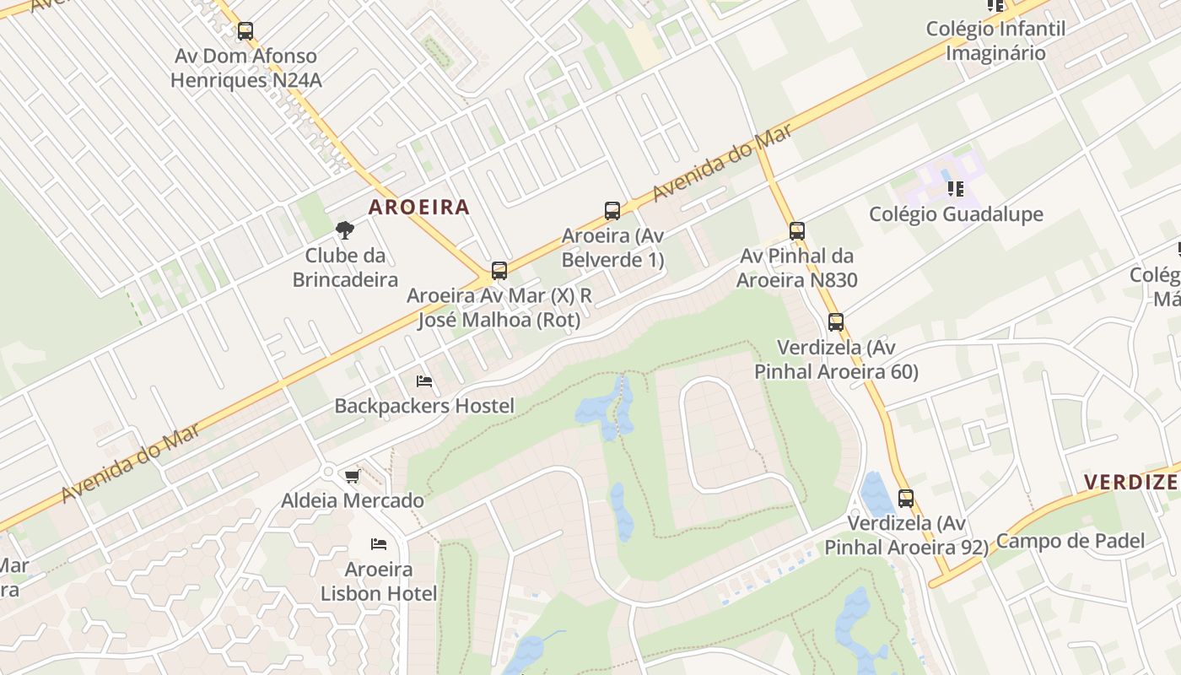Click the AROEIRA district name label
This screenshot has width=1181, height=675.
point(418,207)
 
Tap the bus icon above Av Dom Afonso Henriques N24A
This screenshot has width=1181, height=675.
point(245,31)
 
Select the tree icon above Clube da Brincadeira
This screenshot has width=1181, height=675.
point(344,229)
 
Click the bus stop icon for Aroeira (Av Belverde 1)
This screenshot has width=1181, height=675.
point(612,211)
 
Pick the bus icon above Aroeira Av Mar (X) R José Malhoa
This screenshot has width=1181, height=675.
point(499,271)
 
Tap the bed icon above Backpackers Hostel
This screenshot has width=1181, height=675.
point(424,382)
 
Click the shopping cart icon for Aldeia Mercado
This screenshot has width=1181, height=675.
point(352,477)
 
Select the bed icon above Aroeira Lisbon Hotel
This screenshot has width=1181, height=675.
point(379,544)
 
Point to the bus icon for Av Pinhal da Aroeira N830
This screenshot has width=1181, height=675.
point(796,231)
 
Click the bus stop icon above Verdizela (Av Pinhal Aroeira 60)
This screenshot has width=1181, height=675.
point(835,322)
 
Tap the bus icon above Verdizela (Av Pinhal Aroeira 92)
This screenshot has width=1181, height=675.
point(905,499)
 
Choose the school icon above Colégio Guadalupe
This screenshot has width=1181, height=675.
point(955,188)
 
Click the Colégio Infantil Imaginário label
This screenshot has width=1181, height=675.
point(995,40)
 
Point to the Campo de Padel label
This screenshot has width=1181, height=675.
point(1070,541)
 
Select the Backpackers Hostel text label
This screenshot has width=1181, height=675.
point(424,406)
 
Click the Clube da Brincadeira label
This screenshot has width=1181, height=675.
point(345,267)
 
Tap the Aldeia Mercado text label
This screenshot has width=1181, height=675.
point(353,500)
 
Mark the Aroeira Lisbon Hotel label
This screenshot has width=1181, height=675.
point(379,581)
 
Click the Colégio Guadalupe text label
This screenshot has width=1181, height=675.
point(956,213)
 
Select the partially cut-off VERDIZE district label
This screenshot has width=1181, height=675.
point(1130,483)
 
